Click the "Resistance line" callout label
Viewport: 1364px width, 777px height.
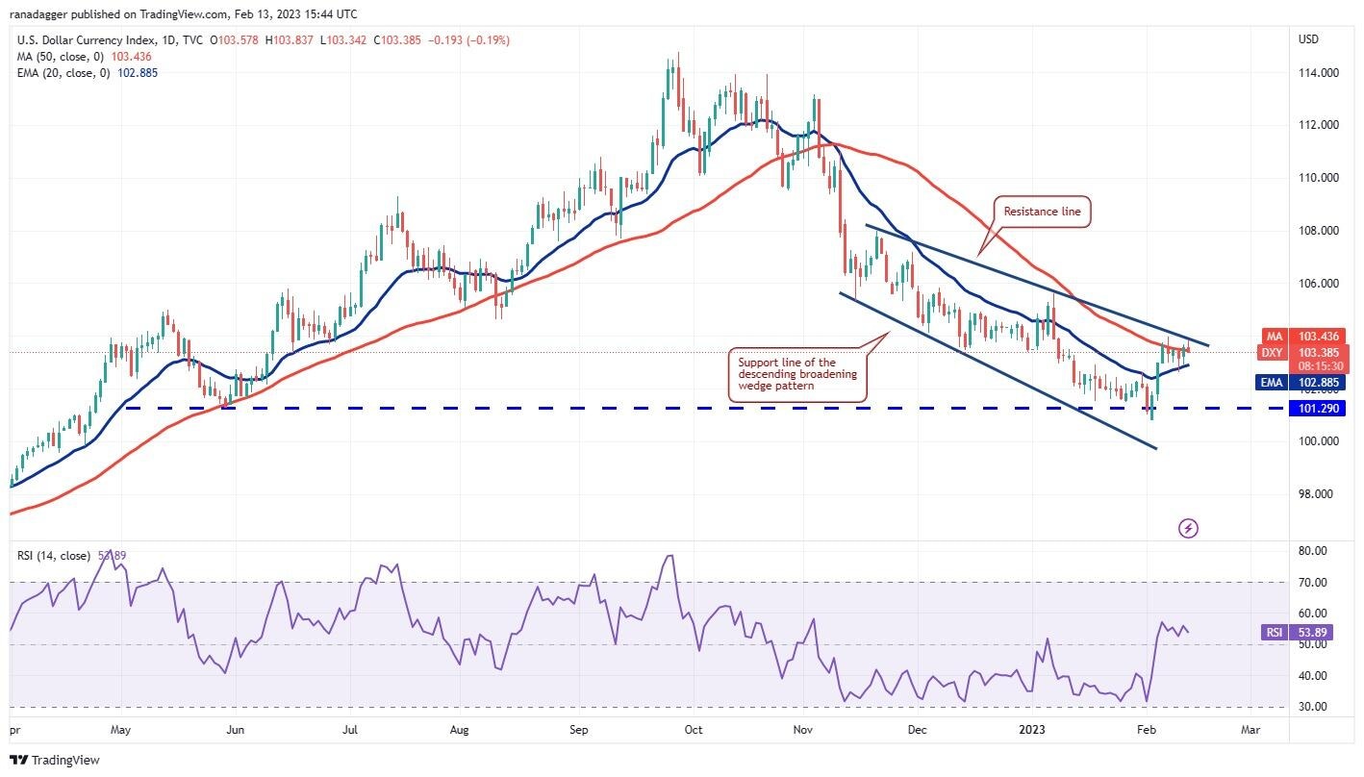1043,212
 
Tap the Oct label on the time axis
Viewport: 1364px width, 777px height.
694,730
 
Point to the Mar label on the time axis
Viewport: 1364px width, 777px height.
1250,730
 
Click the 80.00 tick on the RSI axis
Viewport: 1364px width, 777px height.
1314,551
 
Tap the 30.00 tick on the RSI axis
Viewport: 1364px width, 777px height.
1314,707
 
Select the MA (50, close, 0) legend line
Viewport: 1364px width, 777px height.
85,57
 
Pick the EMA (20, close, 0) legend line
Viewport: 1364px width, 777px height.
88,72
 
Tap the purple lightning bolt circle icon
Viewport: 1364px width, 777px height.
1189,528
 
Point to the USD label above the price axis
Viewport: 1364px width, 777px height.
1309,39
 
